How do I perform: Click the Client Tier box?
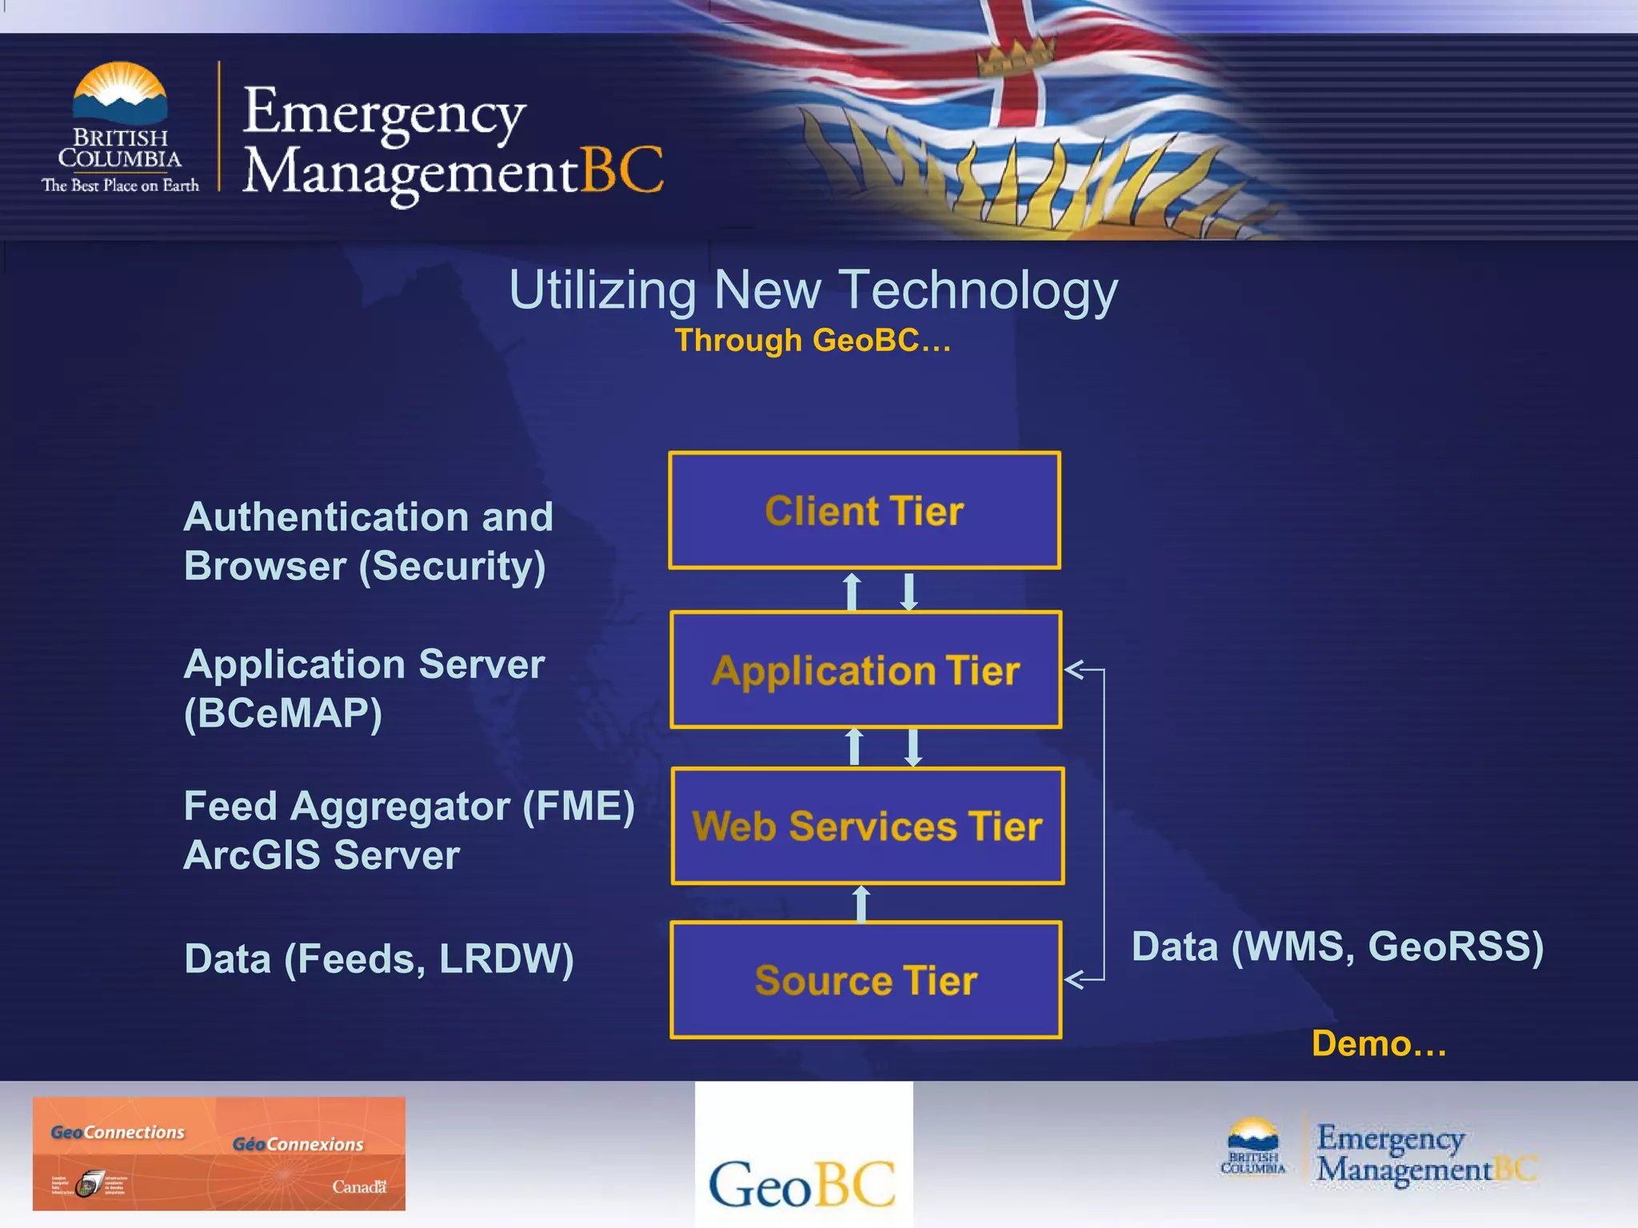tap(865, 510)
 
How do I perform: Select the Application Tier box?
tap(866, 670)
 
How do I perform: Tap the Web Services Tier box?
tap(868, 826)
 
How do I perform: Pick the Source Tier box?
tap(866, 980)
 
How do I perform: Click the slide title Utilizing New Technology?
tap(813, 289)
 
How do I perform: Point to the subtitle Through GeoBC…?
tap(813, 341)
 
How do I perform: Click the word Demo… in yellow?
tap(1379, 1043)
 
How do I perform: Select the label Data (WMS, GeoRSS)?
tap(1337, 947)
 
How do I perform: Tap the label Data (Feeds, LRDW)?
tap(379, 959)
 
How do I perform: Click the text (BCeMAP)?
tap(283, 713)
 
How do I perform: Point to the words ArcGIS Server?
tap(322, 855)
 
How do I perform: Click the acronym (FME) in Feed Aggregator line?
tap(578, 806)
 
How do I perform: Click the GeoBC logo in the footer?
tap(803, 1182)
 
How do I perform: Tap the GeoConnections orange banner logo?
tap(218, 1153)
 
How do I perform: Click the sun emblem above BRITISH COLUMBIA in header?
tap(120, 92)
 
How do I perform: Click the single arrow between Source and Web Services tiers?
tap(861, 903)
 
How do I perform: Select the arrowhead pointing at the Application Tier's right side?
tap(1074, 670)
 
